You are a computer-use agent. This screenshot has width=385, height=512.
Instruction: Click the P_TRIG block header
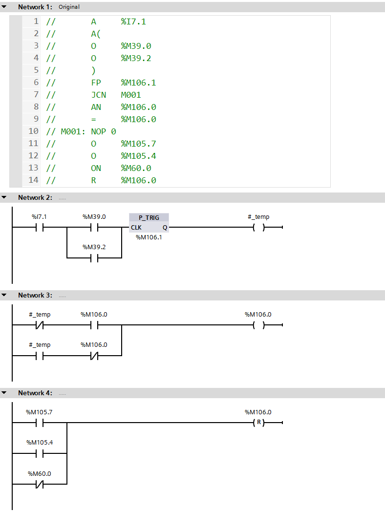[x=149, y=217]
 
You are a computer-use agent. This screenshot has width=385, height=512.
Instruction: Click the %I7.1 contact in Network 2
[x=39, y=227]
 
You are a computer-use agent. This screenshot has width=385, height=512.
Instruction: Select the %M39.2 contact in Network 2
[x=94, y=257]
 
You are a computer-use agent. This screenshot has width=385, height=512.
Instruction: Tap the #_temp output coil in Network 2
[x=258, y=227]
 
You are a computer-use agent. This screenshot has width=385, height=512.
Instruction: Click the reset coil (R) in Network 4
[x=258, y=423]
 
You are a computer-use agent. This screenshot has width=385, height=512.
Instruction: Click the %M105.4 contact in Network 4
[x=39, y=453]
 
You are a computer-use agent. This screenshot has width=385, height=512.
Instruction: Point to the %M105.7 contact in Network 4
[x=39, y=423]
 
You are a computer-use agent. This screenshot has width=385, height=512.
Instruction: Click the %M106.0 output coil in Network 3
[x=258, y=325]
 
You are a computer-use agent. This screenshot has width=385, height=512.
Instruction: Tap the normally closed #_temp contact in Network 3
[x=39, y=325]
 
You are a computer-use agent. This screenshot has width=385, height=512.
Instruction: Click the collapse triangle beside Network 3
[x=4, y=295]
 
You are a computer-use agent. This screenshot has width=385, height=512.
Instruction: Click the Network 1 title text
[x=35, y=7]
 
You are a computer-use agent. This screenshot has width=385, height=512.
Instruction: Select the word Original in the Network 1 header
[x=69, y=7]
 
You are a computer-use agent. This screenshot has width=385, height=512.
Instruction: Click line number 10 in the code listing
[x=33, y=131]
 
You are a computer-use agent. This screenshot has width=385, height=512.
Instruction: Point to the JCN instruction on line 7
[x=98, y=95]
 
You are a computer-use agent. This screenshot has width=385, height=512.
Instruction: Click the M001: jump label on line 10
[x=73, y=131]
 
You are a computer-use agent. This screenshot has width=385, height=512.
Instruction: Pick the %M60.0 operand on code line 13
[x=136, y=168]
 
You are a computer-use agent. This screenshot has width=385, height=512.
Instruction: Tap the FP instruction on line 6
[x=96, y=83]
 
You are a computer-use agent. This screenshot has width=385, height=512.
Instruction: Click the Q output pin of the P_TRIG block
[x=165, y=228]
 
